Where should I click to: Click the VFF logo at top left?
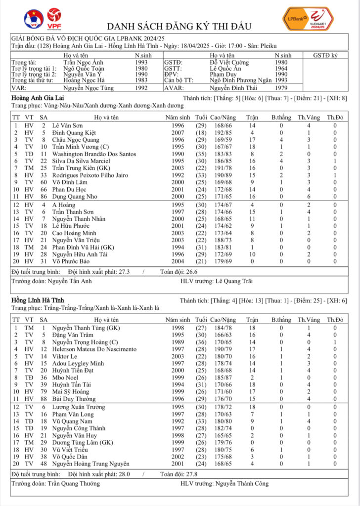pos(33,19)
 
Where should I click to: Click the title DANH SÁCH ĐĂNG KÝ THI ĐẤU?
pos(179,26)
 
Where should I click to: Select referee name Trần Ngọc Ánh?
pos(84,63)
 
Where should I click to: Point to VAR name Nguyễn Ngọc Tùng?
pos(88,88)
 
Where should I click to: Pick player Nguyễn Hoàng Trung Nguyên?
pos(90,464)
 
